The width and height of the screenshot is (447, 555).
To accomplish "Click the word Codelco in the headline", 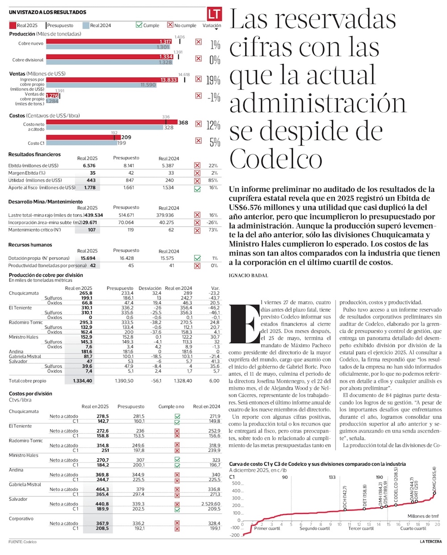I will pos(276,158).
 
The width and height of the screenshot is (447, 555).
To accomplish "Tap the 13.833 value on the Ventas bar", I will pos(169,80).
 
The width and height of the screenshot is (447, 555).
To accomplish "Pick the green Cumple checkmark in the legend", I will pos(139,25).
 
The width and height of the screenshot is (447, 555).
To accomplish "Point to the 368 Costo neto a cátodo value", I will pos(183,123).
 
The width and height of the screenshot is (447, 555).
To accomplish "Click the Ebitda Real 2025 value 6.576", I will pos(89,165).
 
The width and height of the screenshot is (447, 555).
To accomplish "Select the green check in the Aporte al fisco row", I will pos(197,188).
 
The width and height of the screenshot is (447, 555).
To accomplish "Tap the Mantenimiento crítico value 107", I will pos(92,230).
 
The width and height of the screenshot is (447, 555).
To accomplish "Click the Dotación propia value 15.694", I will pos(88,258).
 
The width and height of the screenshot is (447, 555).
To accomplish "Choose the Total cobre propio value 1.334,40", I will pos(83,381).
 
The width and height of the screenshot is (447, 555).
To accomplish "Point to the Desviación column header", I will pos(150,288).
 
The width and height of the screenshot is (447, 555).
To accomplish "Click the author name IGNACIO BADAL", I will pos(248,275).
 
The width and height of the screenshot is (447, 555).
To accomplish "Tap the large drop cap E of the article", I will pos(244,323).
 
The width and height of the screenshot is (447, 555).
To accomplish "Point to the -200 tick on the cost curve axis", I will pos(235,535).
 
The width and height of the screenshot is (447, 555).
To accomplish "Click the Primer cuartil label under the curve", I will pos(267,529).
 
